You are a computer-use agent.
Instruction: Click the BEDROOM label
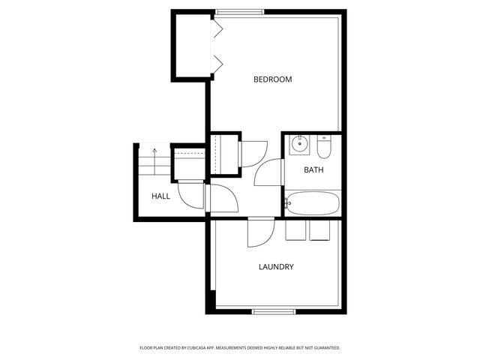click(x=272, y=79)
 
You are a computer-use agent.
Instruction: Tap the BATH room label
click(x=313, y=170)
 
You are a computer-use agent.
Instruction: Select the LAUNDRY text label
click(x=275, y=267)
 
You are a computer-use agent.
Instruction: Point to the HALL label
click(x=160, y=196)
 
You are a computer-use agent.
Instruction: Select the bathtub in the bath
click(x=313, y=203)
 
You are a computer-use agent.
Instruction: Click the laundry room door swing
click(x=259, y=232)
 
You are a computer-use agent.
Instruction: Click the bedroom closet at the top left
click(x=190, y=46)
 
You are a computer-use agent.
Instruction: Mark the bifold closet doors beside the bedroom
click(x=217, y=46)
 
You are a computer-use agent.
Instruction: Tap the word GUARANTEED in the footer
click(x=324, y=348)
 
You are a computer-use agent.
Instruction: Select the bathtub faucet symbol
click(x=289, y=202)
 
